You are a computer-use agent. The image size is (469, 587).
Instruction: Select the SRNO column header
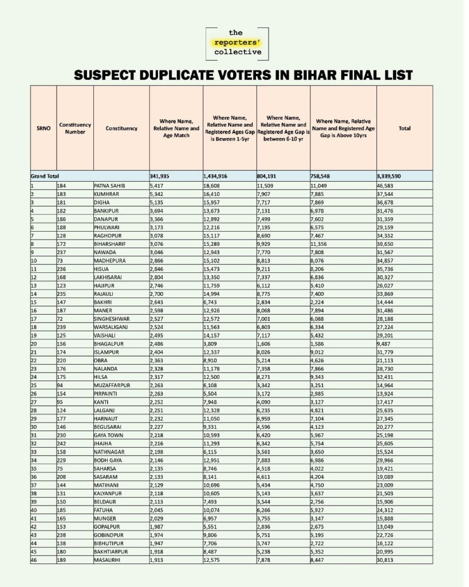coord(43,128)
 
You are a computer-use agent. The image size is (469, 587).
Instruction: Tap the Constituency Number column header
coord(74,128)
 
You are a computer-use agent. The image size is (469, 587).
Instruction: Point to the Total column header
coord(404,128)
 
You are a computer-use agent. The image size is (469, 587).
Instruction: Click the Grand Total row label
coord(45,176)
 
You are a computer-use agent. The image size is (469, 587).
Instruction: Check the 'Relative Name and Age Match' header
coord(176,128)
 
